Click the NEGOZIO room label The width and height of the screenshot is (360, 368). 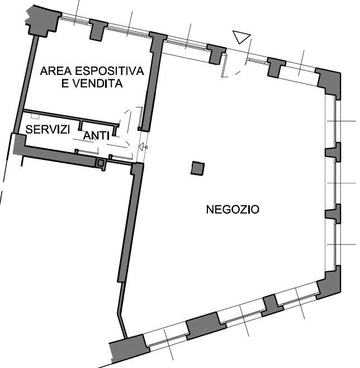pos(233,209)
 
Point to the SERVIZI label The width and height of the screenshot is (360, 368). pos(48,129)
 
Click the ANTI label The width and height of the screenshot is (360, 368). pos(96,136)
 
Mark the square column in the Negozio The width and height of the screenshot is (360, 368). pos(197,168)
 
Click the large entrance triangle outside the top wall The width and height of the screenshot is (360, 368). pos(241,37)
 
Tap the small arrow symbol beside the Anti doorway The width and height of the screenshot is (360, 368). pos(143,147)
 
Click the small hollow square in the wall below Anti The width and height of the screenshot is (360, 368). pos(101,163)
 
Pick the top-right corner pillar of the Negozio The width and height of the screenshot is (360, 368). pos(329,82)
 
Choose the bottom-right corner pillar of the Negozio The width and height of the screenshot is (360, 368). pos(329,283)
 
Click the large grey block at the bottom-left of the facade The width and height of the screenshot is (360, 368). pos(129,348)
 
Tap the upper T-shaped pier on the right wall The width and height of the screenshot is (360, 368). pos(334,152)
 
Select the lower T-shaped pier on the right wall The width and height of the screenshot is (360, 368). pos(334,214)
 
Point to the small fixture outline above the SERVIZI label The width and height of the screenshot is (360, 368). pos(35,116)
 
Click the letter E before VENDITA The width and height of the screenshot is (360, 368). pos(64,83)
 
